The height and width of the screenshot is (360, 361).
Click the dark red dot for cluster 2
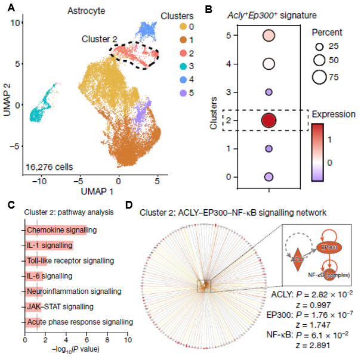coord(269,121)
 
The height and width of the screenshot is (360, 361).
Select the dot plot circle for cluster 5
coord(269,36)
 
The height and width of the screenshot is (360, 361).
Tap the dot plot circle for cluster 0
coord(269,177)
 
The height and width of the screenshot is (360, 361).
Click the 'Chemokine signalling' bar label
coord(62,230)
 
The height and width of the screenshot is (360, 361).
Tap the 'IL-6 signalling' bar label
coord(50,276)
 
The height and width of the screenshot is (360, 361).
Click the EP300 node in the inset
coord(330,246)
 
